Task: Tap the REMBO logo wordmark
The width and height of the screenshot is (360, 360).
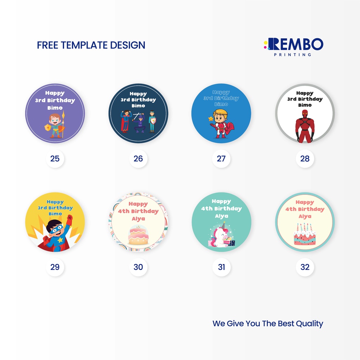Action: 294,44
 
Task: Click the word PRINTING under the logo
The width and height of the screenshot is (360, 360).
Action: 292,54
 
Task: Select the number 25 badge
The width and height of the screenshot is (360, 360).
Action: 55,159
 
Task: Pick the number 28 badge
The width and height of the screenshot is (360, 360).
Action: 305,159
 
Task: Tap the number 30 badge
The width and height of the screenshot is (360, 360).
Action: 138,267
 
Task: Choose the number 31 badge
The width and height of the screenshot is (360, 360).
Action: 221,267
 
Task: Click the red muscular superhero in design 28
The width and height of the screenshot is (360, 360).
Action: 305,126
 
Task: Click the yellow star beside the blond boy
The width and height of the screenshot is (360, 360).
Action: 211,119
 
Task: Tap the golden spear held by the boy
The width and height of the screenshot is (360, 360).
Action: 63,124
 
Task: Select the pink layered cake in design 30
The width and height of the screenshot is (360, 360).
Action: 138,235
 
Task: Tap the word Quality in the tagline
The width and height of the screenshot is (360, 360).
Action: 309,324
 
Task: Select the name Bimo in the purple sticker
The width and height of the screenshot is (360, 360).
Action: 55,108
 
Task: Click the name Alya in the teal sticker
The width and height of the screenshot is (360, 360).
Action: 221,216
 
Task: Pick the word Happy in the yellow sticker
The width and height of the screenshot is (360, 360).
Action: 55,202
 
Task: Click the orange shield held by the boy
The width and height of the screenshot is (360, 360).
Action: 48,127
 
